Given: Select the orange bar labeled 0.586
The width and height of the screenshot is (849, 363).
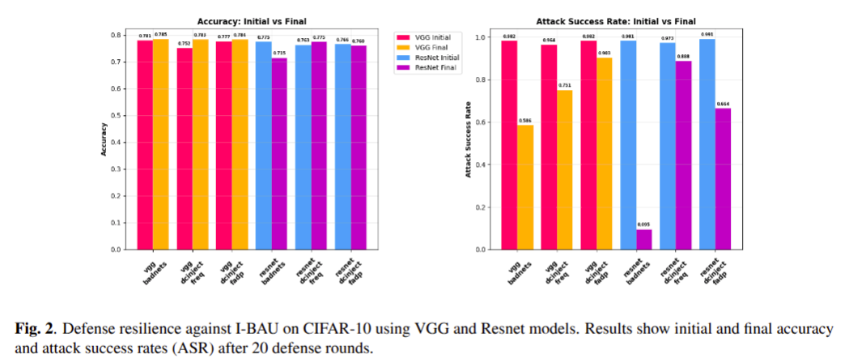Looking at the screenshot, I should (x=525, y=186).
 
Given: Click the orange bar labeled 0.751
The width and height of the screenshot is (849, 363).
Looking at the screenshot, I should (x=565, y=169).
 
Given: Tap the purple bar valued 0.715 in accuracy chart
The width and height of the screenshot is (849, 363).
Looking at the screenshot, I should (x=279, y=153).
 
